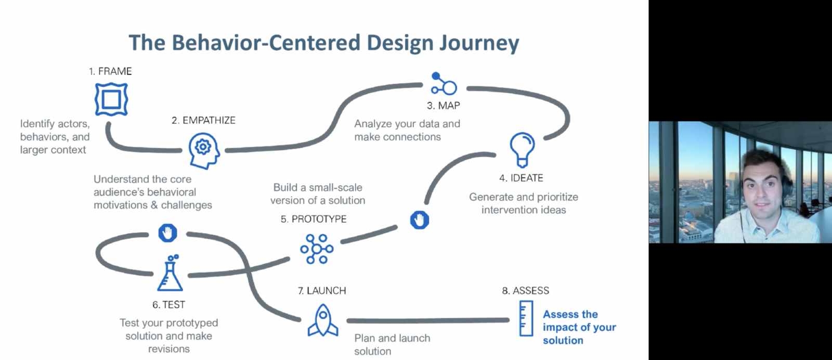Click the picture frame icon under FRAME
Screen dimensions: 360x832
[111, 99]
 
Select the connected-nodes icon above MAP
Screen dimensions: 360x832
[444, 84]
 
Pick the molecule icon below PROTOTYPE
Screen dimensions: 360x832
[316, 249]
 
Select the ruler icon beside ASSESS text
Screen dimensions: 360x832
[526, 318]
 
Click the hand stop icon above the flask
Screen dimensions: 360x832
[167, 233]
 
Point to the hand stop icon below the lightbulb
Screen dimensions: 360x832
[420, 220]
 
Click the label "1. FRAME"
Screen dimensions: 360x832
[110, 71]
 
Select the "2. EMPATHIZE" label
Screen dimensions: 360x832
[204, 120]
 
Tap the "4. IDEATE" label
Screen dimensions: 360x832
[521, 178]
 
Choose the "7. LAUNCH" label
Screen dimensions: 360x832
[322, 291]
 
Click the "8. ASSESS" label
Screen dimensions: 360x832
[525, 291]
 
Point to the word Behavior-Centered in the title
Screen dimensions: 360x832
[266, 43]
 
